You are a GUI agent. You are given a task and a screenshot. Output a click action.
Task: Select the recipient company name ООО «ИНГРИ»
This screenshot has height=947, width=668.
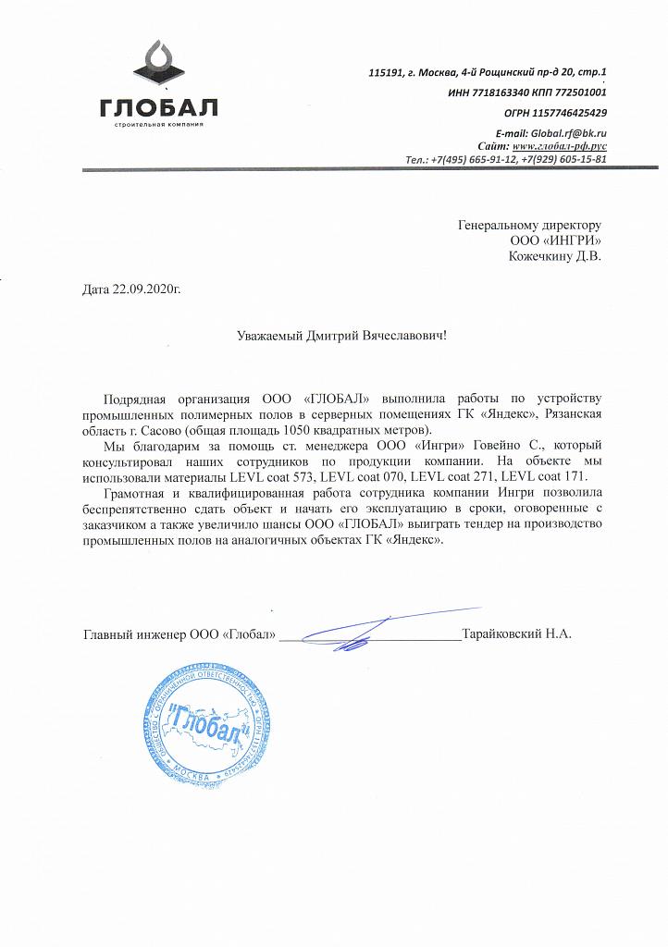pos(556,240)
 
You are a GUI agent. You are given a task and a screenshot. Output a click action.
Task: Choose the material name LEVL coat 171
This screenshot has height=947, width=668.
pos(550,478)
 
